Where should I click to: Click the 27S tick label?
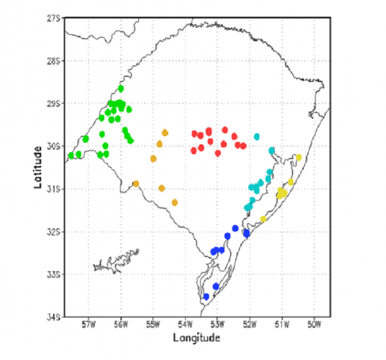tap(53, 19)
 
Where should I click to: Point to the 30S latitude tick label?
tap(53, 147)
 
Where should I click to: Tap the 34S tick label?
tap(53, 317)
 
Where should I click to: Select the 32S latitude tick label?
tap(53, 232)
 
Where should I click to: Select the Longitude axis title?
tap(197, 338)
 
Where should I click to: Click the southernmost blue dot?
tap(206, 297)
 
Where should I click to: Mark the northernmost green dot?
tap(121, 89)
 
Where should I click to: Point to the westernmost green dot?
tap(71, 155)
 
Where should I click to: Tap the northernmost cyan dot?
tap(257, 137)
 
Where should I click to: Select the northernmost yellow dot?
tap(298, 157)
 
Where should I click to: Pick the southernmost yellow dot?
tap(263, 219)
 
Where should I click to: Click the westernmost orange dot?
tap(136, 183)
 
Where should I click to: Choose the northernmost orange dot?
tap(165, 133)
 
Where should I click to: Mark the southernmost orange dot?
tap(175, 203)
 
